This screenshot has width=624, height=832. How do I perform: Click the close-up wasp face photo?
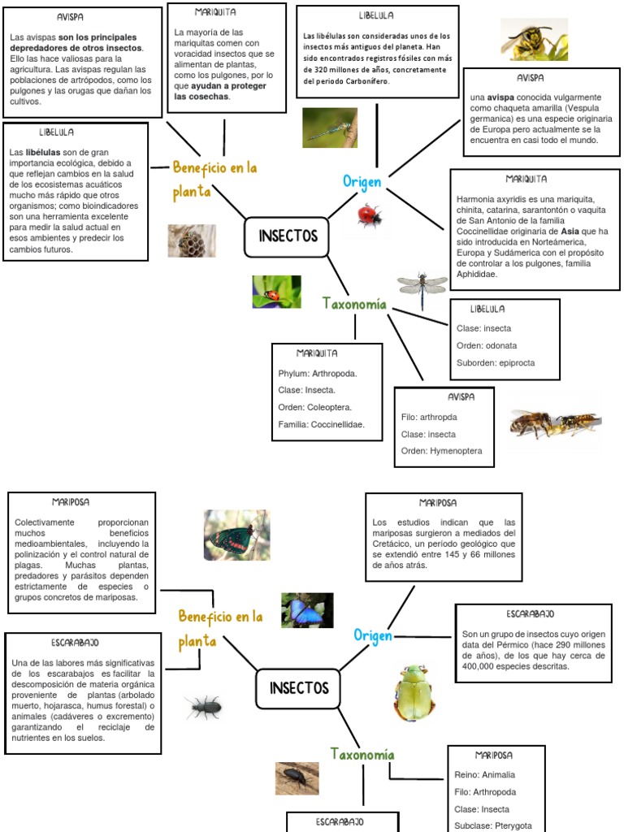[x=534, y=39]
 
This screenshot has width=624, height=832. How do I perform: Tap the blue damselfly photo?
[x=330, y=128]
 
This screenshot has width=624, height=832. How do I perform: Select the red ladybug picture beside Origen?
[x=370, y=215]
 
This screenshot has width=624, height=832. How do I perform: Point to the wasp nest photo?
[x=192, y=240]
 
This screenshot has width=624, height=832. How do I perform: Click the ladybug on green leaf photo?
[x=276, y=292]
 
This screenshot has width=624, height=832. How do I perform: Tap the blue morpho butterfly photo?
[x=307, y=610]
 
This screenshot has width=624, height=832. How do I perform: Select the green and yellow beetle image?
[x=414, y=693]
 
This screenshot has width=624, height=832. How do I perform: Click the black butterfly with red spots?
[x=236, y=535]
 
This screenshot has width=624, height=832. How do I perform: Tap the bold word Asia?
[x=570, y=231]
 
